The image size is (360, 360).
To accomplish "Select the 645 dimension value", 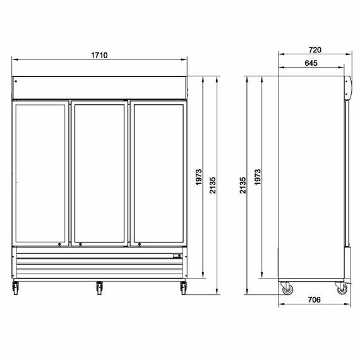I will click(x=310, y=63).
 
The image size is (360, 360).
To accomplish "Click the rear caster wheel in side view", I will click(x=287, y=289).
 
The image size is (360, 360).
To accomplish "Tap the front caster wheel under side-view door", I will click(x=342, y=289).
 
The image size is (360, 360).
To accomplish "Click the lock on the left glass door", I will click(x=59, y=244).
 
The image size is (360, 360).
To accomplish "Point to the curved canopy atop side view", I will click(x=347, y=87).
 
